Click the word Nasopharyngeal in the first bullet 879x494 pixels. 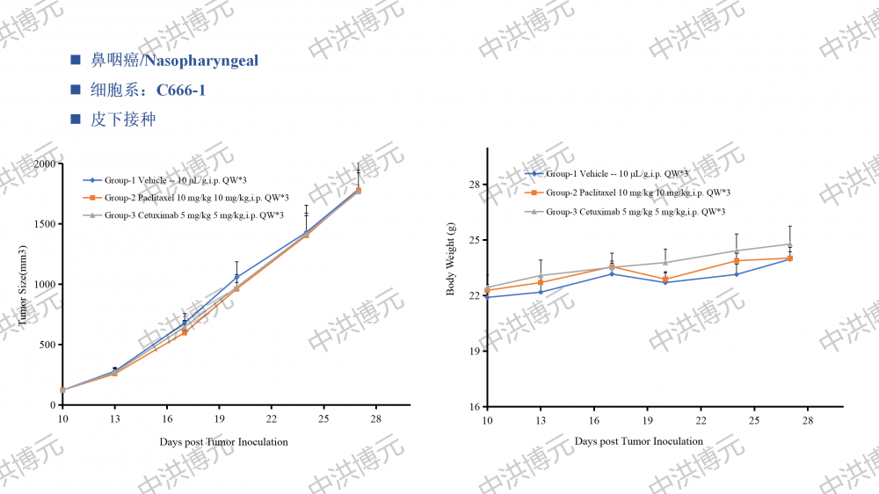[201, 61]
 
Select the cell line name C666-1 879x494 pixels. [180, 90]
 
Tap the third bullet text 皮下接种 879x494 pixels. [123, 119]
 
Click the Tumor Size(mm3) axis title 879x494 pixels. [23, 285]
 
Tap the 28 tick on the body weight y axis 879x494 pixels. [474, 185]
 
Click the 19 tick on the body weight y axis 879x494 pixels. [474, 352]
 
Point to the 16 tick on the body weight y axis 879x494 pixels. [474, 407]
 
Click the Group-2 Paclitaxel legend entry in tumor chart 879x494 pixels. [196, 198]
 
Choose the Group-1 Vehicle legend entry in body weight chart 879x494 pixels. [616, 174]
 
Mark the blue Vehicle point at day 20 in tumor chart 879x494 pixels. [236, 278]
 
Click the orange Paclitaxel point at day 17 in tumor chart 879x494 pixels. [185, 332]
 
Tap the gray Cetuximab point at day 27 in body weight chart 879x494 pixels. [790, 244]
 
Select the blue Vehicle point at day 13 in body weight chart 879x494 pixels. [540, 292]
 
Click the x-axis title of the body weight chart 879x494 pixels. [639, 441]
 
